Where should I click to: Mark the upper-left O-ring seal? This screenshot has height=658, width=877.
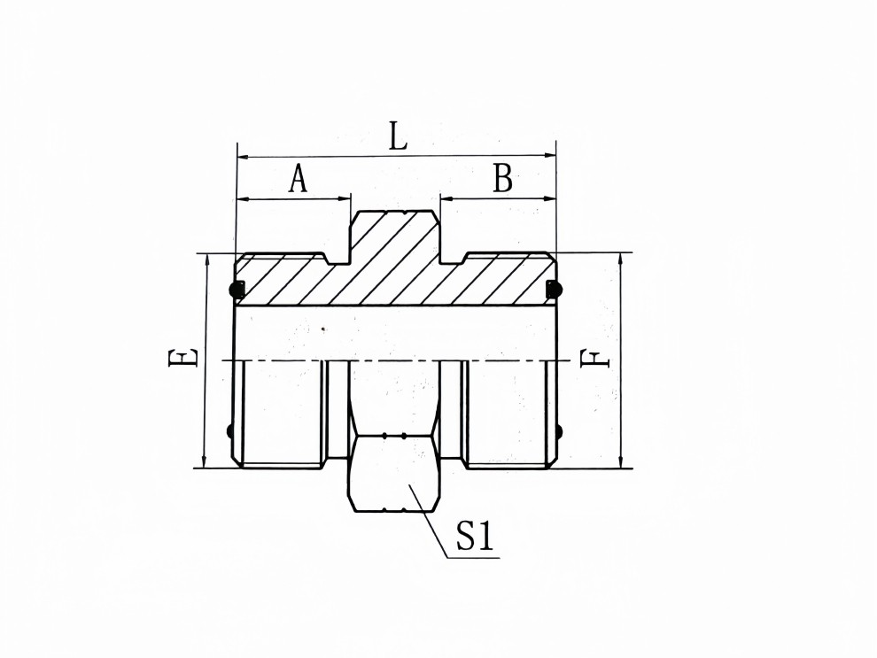click(237, 288)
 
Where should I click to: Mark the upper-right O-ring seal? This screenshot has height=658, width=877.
click(555, 288)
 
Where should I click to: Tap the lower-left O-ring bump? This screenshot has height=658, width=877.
click(232, 432)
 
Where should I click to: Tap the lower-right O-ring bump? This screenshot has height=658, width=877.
click(559, 432)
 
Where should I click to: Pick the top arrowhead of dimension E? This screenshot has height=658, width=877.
click(205, 259)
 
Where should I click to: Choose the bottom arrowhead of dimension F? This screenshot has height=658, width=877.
click(620, 461)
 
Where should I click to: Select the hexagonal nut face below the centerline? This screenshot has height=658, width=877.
click(395, 474)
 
